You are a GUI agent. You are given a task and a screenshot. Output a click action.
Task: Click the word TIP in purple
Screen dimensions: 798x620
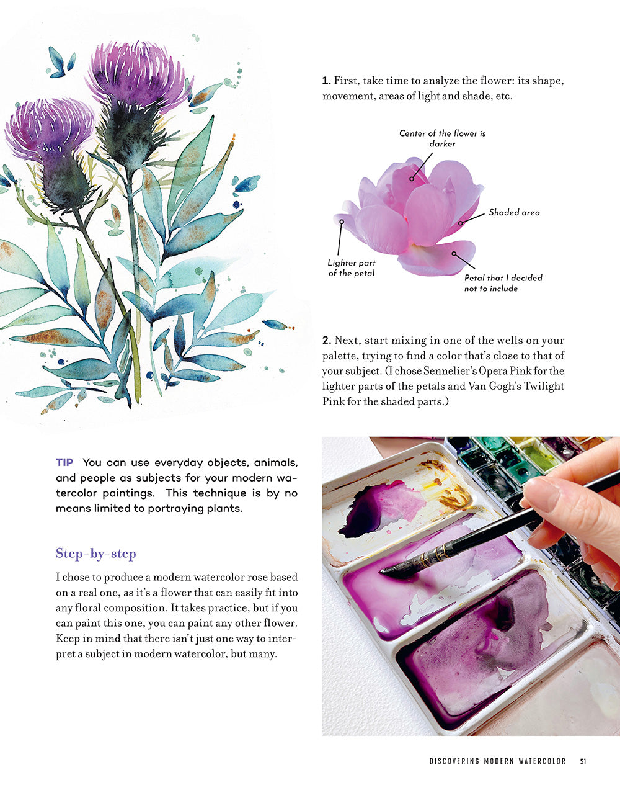click(64, 462)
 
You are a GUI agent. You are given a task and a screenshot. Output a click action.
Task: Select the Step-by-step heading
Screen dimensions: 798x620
click(95, 554)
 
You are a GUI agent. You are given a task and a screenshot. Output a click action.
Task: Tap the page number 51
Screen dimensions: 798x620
click(583, 761)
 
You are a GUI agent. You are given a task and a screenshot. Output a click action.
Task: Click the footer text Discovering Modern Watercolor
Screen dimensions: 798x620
click(497, 761)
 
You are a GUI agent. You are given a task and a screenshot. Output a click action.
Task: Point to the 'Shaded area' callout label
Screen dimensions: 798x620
click(514, 212)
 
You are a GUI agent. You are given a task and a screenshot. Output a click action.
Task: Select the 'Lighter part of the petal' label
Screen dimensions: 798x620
click(352, 268)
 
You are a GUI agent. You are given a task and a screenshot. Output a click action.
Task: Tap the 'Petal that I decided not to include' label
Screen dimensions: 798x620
click(503, 283)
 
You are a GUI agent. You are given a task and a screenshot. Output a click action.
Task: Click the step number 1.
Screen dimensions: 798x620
click(325, 81)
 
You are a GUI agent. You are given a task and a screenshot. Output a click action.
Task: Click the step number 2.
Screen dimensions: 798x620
click(326, 341)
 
